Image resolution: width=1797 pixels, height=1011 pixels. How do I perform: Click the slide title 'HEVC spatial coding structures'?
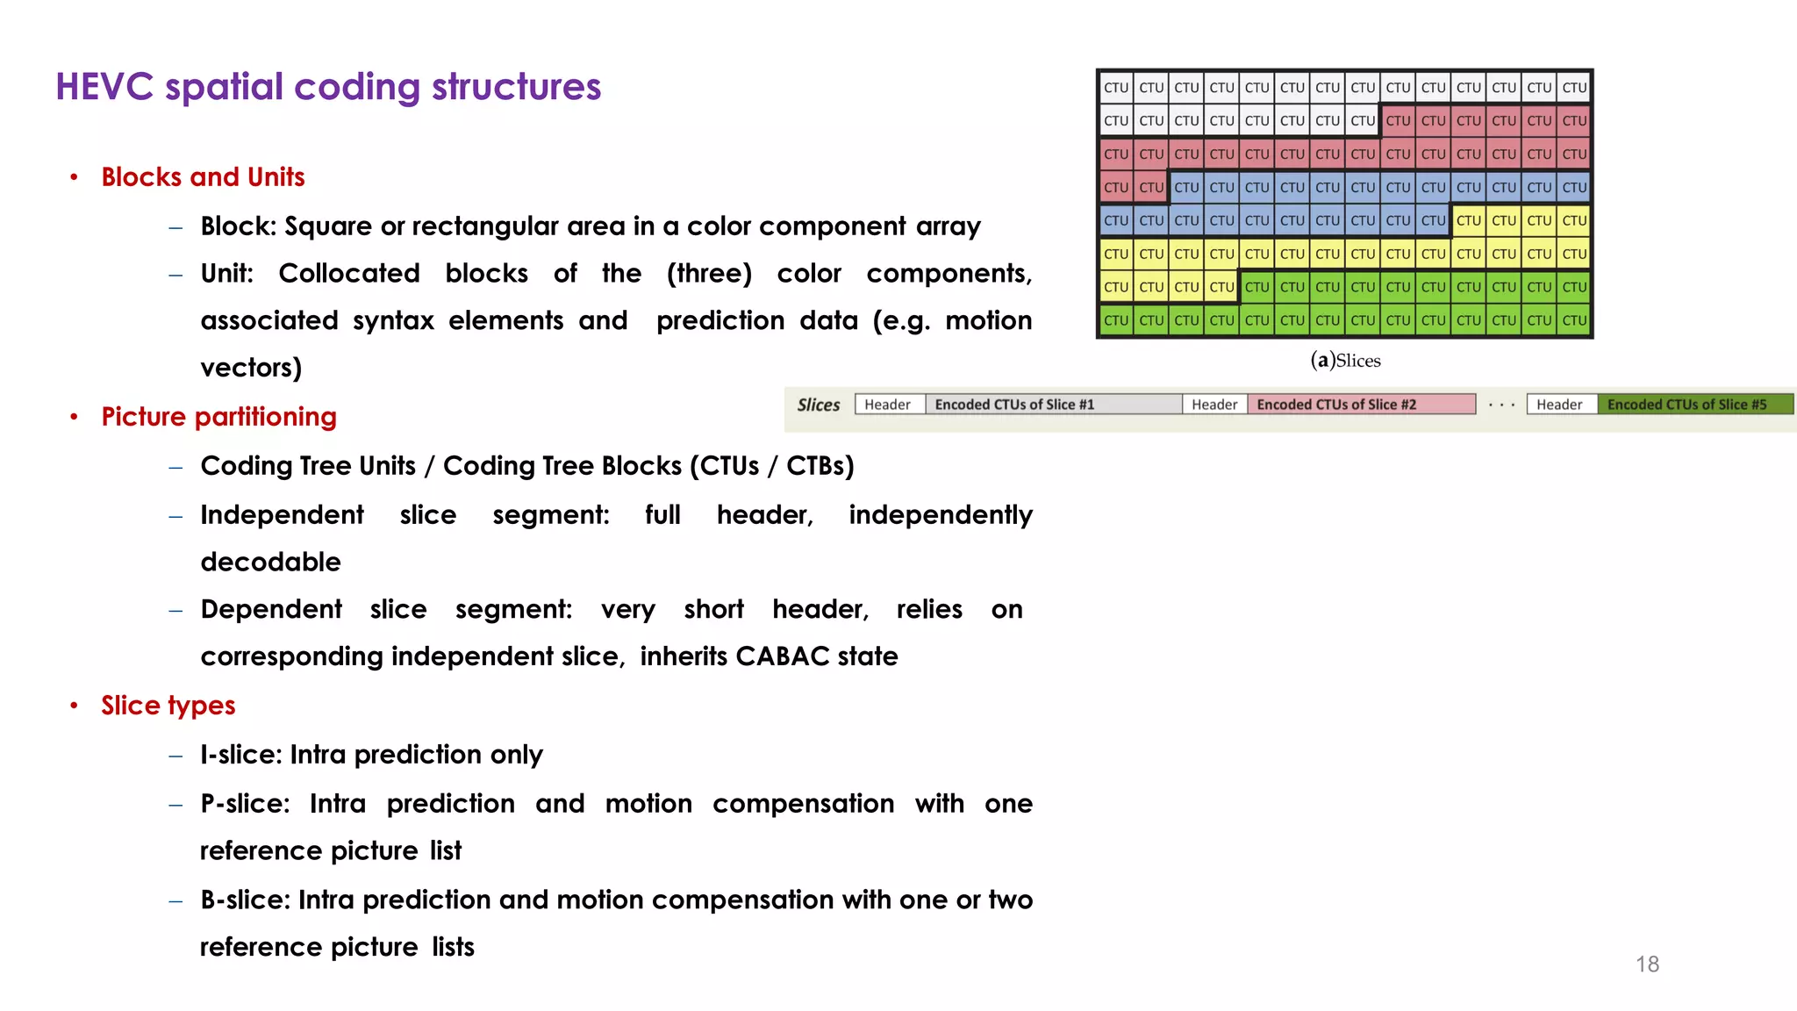pyautogui.click(x=328, y=87)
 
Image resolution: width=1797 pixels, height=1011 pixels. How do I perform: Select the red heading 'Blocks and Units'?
pyautogui.click(x=203, y=177)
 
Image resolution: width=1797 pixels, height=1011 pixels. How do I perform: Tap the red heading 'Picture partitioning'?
pyautogui.click(x=218, y=417)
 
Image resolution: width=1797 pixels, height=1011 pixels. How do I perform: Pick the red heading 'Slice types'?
pyautogui.click(x=168, y=706)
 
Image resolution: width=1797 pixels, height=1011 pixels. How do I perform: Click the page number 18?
pyautogui.click(x=1647, y=964)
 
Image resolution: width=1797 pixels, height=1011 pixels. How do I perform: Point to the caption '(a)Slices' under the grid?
pyautogui.click(x=1345, y=361)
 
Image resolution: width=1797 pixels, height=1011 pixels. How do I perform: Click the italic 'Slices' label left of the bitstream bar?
pyautogui.click(x=818, y=405)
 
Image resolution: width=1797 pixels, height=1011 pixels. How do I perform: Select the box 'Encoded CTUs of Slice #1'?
pyautogui.click(x=1053, y=405)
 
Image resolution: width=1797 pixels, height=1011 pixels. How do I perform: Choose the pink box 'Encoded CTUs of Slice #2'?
pyautogui.click(x=1360, y=405)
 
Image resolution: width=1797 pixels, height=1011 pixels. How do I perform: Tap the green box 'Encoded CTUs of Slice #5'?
pyautogui.click(x=1693, y=405)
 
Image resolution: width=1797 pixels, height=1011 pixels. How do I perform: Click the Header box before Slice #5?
pyautogui.click(x=1560, y=405)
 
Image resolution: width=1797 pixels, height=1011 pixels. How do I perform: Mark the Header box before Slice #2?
pyautogui.click(x=1214, y=405)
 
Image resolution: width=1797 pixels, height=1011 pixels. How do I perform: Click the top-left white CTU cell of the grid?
pyautogui.click(x=1116, y=88)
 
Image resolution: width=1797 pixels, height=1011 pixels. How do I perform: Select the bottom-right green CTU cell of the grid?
pyautogui.click(x=1574, y=320)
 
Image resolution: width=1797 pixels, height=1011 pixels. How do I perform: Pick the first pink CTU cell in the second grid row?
pyautogui.click(x=1398, y=121)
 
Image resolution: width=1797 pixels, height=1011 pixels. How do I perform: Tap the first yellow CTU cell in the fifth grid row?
pyautogui.click(x=1468, y=220)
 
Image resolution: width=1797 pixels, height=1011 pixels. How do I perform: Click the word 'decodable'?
pyautogui.click(x=270, y=562)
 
